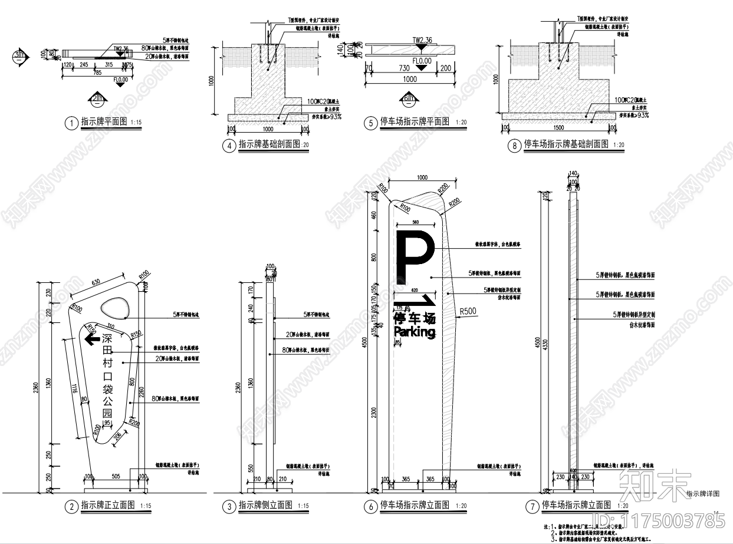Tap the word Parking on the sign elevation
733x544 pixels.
[x=415, y=332]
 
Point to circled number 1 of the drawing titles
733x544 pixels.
[x=71, y=123]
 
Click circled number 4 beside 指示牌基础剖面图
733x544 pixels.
[x=229, y=146]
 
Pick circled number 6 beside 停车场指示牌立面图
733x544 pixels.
[x=370, y=505]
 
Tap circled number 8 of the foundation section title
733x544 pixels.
[x=514, y=145]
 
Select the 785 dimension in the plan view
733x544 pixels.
[x=98, y=72]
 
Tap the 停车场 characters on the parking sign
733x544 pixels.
[x=415, y=319]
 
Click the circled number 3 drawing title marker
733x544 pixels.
[x=229, y=506]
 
